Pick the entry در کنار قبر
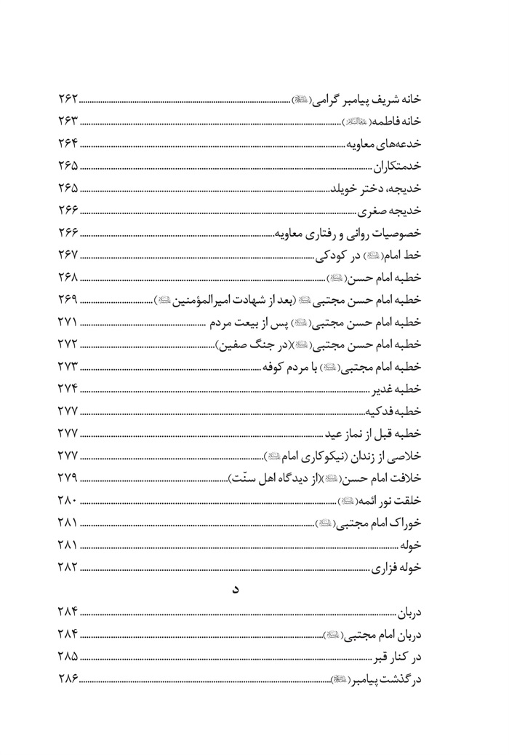tap(404, 656)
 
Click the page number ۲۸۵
tap(67, 656)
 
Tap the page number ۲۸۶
tap(67, 679)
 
